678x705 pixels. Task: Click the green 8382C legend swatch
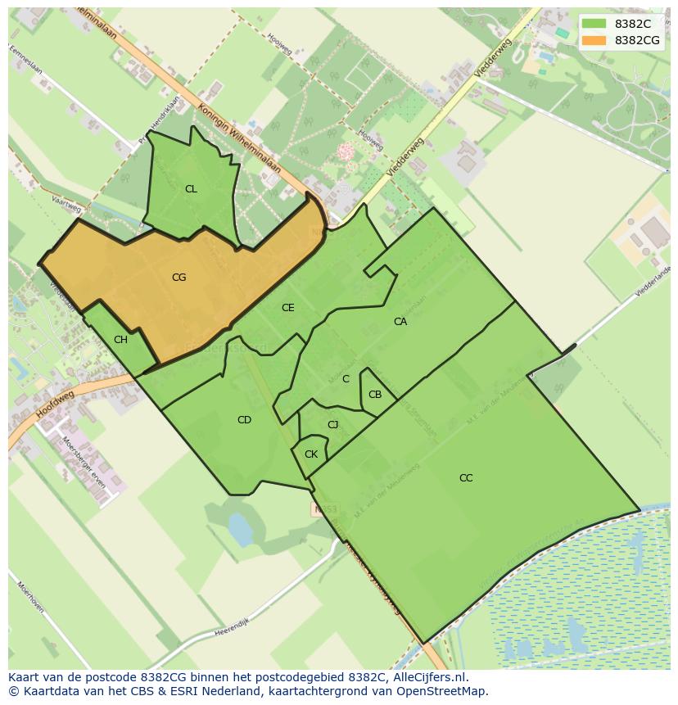tap(594, 24)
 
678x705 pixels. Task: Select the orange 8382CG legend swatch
tap(594, 40)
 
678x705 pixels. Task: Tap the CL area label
tap(191, 189)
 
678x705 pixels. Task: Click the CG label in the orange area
tap(179, 278)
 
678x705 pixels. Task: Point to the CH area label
tap(120, 340)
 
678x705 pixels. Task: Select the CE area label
tap(287, 308)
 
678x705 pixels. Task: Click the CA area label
tap(400, 322)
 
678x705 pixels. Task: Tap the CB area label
tap(374, 395)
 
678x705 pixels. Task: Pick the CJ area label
tap(332, 424)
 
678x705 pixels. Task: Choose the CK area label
tap(310, 454)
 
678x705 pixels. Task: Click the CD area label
tap(244, 420)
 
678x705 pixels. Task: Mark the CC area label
tap(466, 478)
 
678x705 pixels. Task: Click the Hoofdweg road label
tap(55, 404)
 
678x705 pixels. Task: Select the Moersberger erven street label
tap(84, 462)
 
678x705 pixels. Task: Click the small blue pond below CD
tap(240, 529)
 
